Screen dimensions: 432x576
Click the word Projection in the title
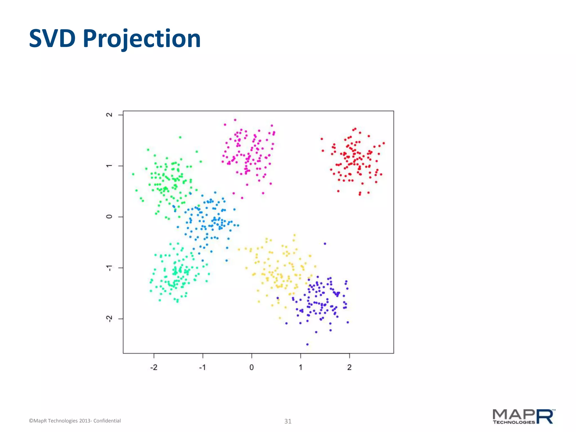(x=142, y=39)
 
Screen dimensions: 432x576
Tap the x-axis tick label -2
(x=154, y=367)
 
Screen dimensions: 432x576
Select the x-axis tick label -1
(x=202, y=367)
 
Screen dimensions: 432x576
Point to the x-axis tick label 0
(x=251, y=367)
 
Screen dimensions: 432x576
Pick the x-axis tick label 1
(x=300, y=367)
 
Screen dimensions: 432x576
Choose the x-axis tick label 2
(x=349, y=367)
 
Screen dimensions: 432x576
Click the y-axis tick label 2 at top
(x=109, y=115)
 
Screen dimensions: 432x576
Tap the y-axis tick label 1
(x=109, y=166)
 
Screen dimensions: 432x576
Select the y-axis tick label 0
(x=109, y=217)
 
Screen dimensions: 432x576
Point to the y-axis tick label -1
(x=109, y=268)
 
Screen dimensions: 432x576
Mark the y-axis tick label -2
(x=109, y=319)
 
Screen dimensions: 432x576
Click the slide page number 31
(x=288, y=421)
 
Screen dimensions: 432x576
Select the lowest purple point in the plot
(x=307, y=344)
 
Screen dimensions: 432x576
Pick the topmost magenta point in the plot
(x=235, y=120)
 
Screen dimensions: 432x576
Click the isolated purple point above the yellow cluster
(x=325, y=244)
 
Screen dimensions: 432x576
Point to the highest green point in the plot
(x=180, y=137)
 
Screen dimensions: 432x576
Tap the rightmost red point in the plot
(x=384, y=143)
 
